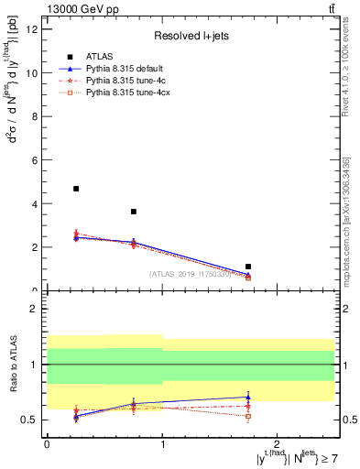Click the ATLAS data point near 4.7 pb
(x=76, y=189)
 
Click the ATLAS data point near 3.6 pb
(x=134, y=212)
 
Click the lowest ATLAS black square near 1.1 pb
(x=248, y=267)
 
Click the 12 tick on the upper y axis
(x=33, y=29)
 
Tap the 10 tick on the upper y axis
(x=33, y=73)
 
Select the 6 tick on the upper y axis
(x=36, y=160)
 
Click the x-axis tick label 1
(x=162, y=442)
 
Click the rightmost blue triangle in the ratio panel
(x=248, y=398)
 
